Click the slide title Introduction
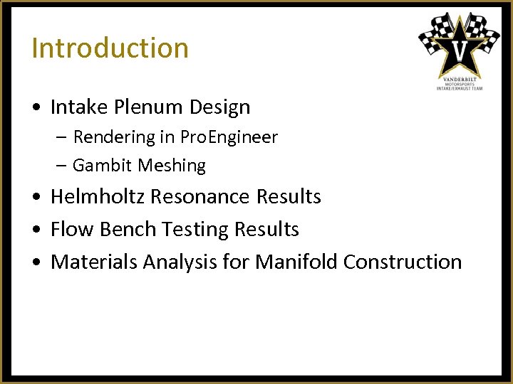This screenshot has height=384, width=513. [110, 48]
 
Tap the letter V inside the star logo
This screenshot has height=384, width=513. [460, 51]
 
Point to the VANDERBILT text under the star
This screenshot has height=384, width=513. [460, 78]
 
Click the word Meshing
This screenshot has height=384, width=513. [172, 166]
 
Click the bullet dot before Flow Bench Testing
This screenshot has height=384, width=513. [36, 230]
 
